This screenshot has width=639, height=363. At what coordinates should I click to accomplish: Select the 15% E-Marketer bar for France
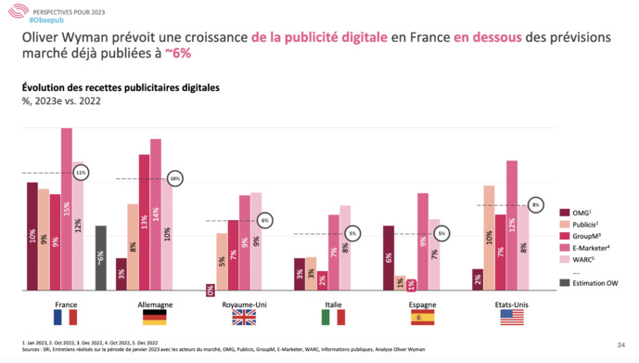[67, 212]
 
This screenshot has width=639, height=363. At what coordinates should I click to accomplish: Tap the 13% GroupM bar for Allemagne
[144, 224]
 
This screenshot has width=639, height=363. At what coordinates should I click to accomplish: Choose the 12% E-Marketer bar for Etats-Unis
[512, 227]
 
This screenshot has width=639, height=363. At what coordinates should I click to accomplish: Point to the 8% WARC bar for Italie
[345, 249]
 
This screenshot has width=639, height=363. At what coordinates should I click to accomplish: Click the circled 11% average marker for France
[82, 173]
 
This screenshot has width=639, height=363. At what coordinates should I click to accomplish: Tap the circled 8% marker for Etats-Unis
[535, 204]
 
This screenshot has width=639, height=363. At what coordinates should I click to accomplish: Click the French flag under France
[66, 318]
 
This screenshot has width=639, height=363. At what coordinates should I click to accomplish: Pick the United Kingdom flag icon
[244, 318]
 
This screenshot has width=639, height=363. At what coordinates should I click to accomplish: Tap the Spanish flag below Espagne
[422, 318]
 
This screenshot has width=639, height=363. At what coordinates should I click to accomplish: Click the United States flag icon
[511, 318]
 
